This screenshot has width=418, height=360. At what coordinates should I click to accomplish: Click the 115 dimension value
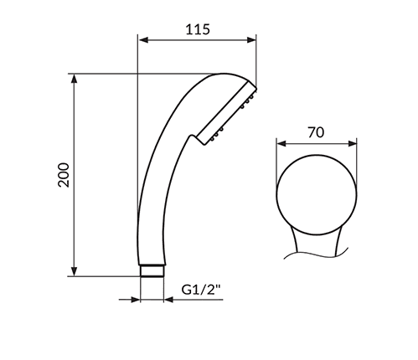[x=196, y=29]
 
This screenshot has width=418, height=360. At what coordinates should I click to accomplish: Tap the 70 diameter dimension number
[x=316, y=132]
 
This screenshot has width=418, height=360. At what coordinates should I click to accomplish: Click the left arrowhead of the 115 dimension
[x=142, y=39]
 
